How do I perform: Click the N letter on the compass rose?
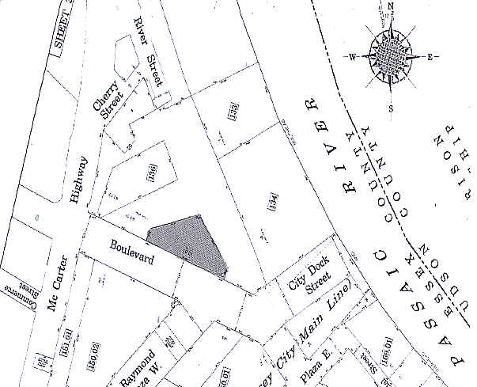[392, 6]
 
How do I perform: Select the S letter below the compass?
[391, 107]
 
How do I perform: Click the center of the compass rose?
[391, 56]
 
